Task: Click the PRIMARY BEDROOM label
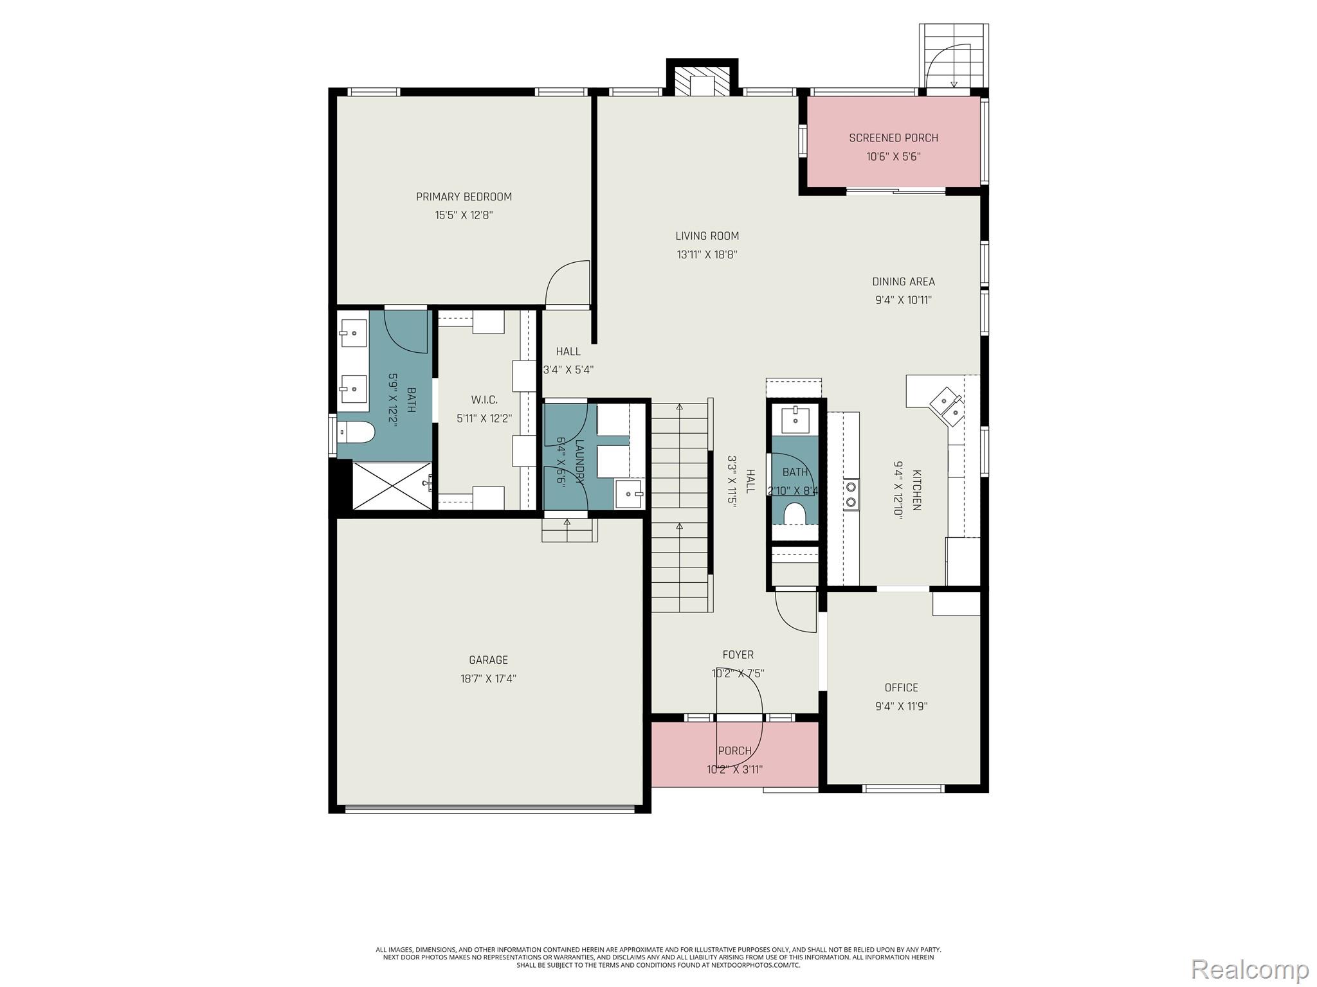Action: tap(464, 197)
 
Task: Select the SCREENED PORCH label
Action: tap(893, 138)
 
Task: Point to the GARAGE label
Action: tap(488, 660)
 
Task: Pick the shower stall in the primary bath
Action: tap(392, 485)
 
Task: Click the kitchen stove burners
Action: tap(851, 495)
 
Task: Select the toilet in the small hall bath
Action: tap(795, 513)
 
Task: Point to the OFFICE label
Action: tap(901, 688)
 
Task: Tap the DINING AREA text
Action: tap(903, 281)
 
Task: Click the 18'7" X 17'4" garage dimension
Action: tap(488, 679)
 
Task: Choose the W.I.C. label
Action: tap(484, 400)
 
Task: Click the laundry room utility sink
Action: tap(628, 494)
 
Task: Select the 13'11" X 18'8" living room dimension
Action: tap(707, 254)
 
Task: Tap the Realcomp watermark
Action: tap(1249, 968)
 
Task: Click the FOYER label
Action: tap(738, 655)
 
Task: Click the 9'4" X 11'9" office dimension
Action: tap(901, 706)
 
